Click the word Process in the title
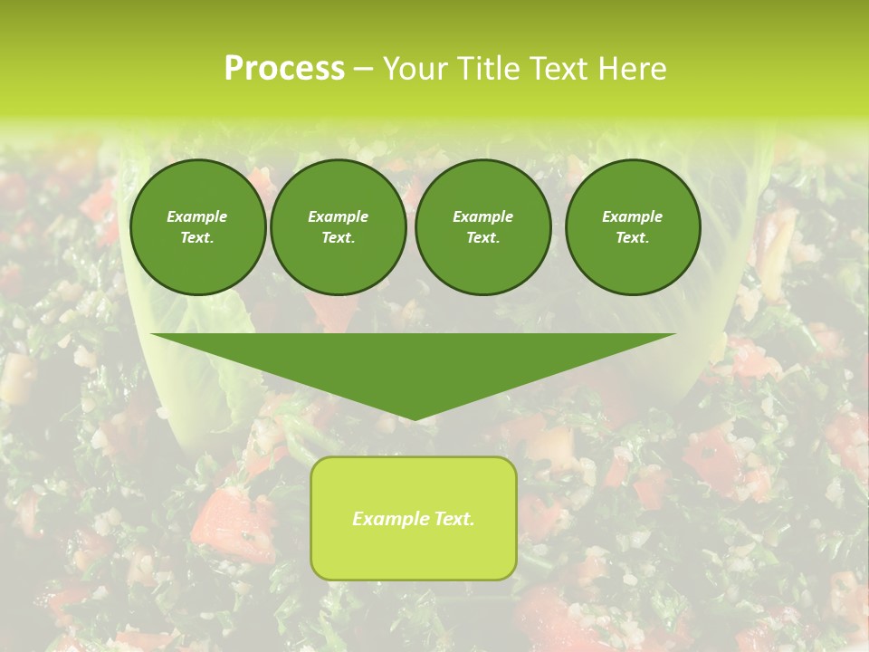[284, 69]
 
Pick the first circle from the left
[197, 227]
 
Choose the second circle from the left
[339, 227]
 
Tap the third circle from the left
[482, 227]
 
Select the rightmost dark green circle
[633, 227]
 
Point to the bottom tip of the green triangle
[414, 419]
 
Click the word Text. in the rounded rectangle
[452, 519]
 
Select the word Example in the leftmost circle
[197, 216]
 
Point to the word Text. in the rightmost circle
[633, 238]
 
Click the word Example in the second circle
[339, 216]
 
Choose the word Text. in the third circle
[482, 238]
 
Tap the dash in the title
[363, 69]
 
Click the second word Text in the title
[555, 69]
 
